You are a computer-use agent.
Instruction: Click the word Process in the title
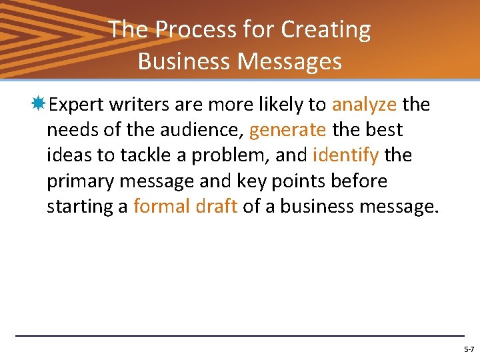pos(182,30)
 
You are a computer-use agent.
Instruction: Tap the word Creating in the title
pos(326,30)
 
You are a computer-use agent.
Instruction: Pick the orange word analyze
pos(364,105)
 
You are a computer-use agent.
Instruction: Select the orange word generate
pos(287,130)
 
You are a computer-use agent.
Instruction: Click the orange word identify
pos(345,155)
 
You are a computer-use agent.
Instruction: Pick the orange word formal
pos(162,207)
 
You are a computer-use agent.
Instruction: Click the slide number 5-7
pos(469,349)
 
